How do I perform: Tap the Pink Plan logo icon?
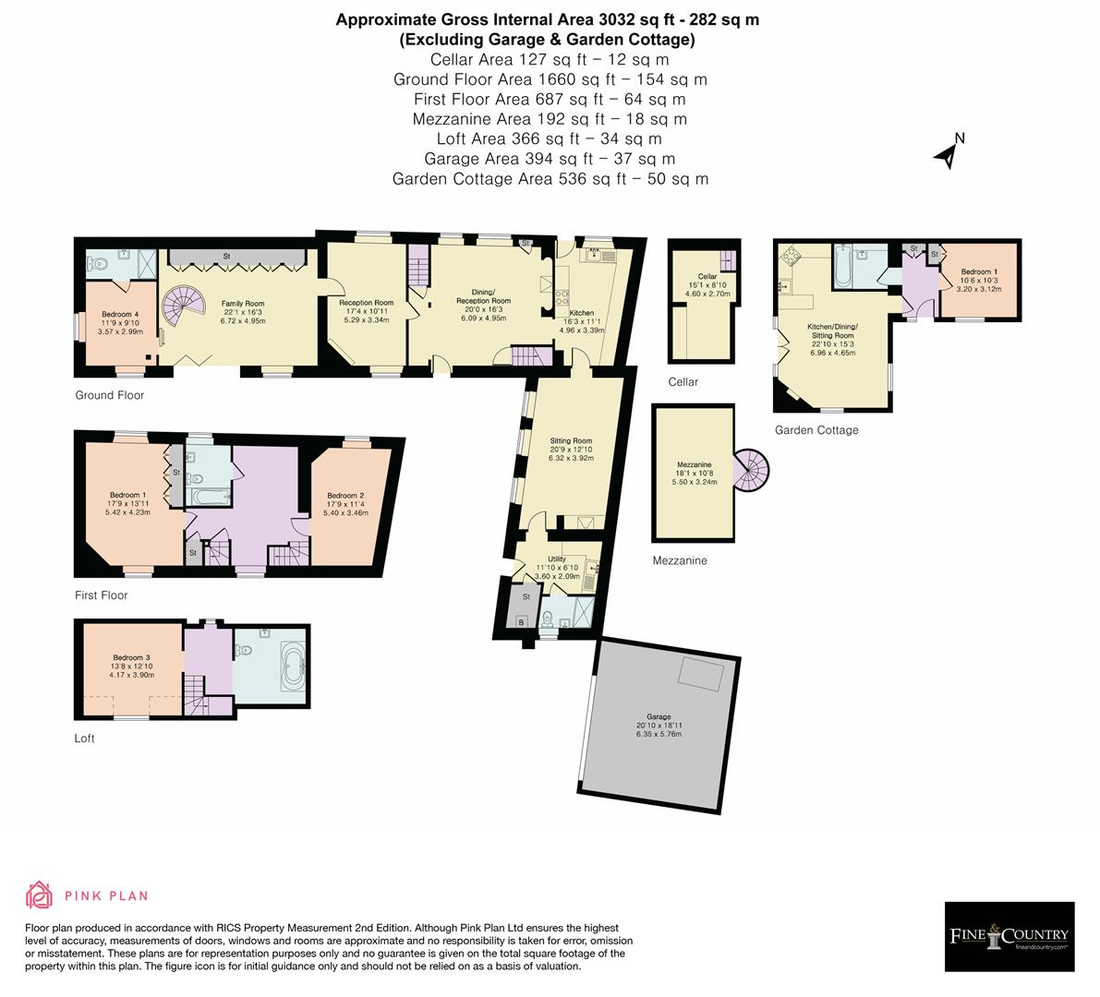(40, 895)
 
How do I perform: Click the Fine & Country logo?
(1009, 936)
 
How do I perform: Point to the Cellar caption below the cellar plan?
(683, 382)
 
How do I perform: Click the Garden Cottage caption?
(816, 430)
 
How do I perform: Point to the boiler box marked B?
(521, 623)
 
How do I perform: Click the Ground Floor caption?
(110, 395)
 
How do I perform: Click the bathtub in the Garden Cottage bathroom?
(841, 265)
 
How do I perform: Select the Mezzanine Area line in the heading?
(550, 119)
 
